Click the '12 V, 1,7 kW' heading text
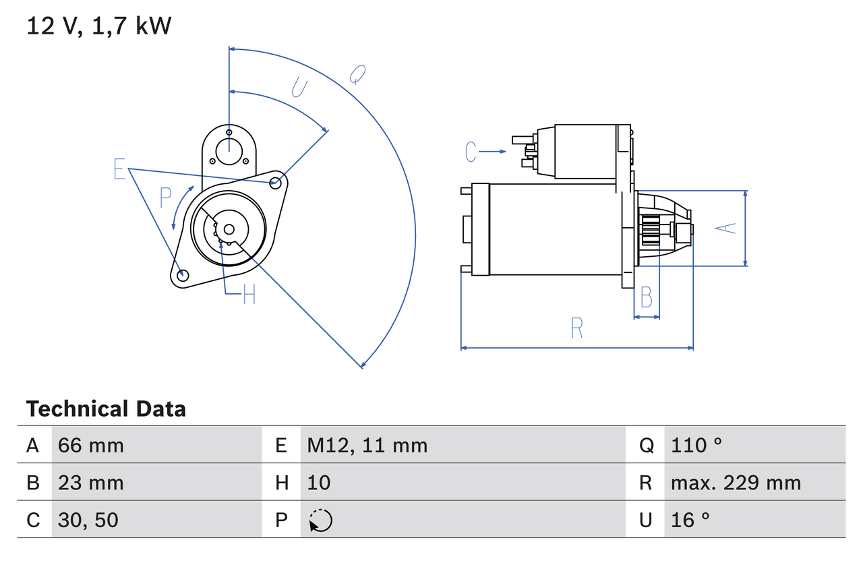tap(99, 26)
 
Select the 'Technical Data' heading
tap(106, 408)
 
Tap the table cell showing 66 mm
tap(91, 445)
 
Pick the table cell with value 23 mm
tap(91, 483)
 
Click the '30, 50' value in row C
tap(88, 520)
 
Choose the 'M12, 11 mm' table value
tap(367, 445)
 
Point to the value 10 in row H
tap(319, 483)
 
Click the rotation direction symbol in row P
tap(320, 520)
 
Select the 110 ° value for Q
tap(696, 445)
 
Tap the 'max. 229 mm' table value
tap(736, 483)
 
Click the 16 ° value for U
tap(690, 520)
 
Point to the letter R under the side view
tap(576, 328)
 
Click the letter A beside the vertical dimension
tap(725, 228)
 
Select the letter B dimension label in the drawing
tap(646, 297)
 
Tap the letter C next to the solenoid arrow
tap(471, 152)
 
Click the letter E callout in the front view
tap(119, 169)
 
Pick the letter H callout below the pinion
tap(249, 295)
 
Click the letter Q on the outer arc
tap(357, 74)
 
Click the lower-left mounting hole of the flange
tap(182, 274)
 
